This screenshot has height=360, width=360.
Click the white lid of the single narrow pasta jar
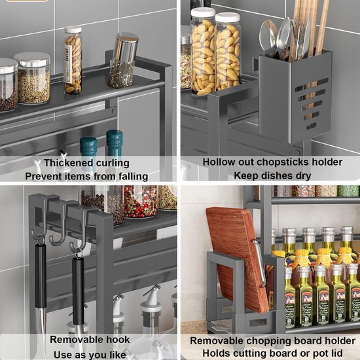click(73, 30)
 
